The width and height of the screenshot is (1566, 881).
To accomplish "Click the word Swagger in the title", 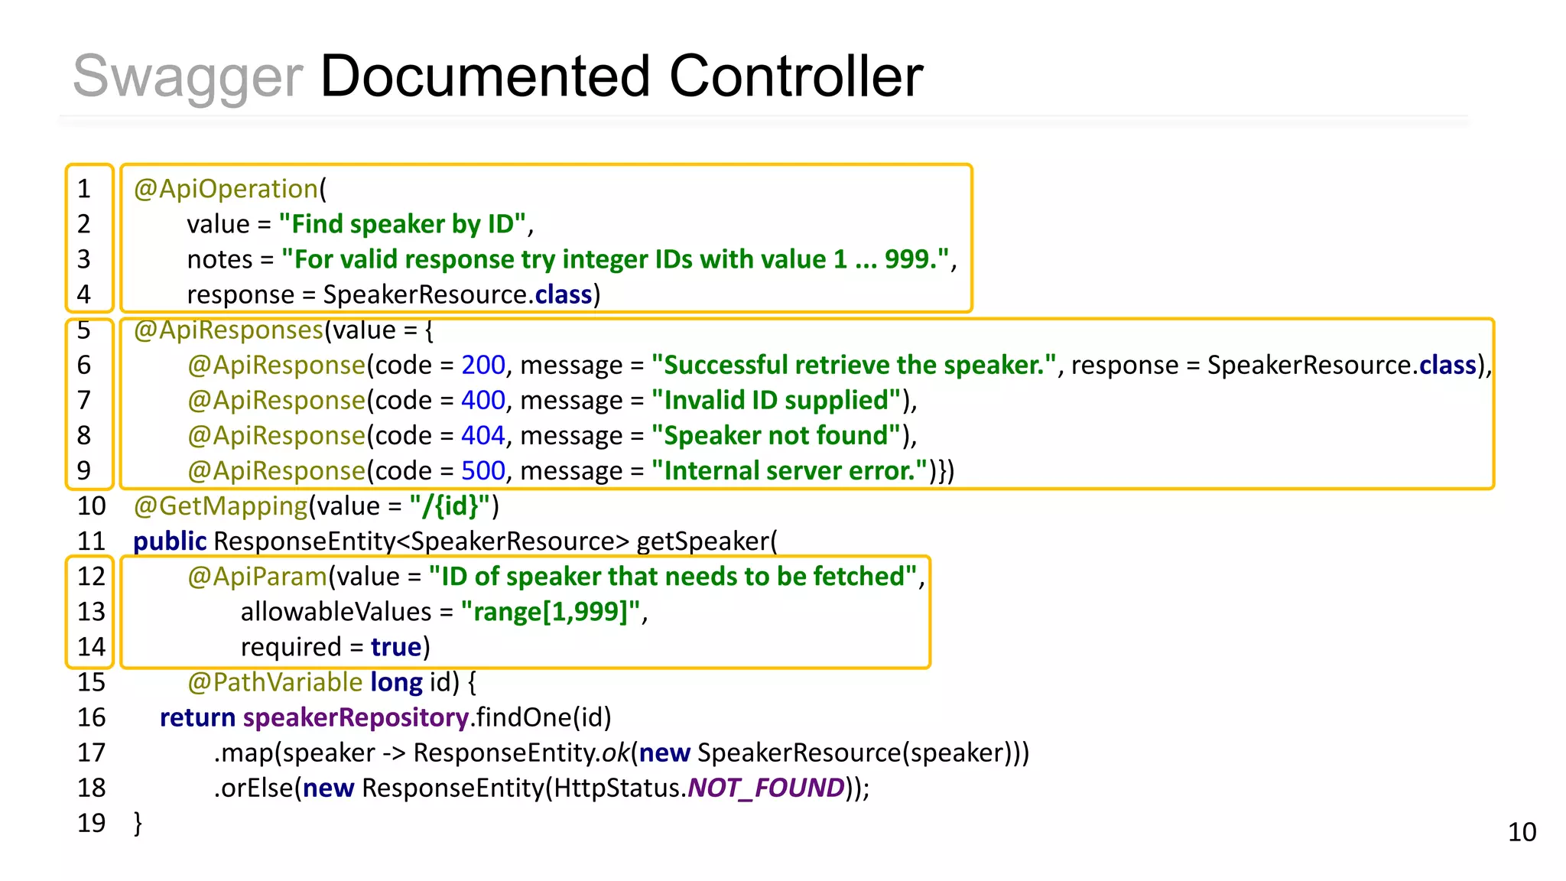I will (187, 77).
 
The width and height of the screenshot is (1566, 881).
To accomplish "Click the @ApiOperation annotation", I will (226, 189).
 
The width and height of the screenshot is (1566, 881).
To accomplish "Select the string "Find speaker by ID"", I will (402, 224).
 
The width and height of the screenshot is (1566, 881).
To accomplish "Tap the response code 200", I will (483, 366).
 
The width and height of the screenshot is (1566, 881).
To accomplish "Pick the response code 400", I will (483, 401).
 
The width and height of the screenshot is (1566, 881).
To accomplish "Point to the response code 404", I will (483, 436).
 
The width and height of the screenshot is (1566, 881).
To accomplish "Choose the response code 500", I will (483, 471).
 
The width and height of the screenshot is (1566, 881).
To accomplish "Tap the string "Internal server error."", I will (789, 471).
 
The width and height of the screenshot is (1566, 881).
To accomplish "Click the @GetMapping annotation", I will (220, 506).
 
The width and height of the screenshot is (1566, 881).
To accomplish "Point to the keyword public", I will (170, 541).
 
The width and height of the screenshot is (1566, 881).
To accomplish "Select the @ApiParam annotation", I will (257, 577).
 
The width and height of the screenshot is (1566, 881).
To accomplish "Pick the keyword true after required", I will (396, 648).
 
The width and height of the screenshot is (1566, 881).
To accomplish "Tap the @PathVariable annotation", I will (275, 682).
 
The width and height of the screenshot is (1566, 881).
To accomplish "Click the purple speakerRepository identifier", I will (356, 718).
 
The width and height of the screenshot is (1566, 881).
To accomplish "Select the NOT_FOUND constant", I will (766, 788).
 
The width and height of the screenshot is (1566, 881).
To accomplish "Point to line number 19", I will (91, 824).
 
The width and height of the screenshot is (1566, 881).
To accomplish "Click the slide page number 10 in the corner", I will (1522, 832).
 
